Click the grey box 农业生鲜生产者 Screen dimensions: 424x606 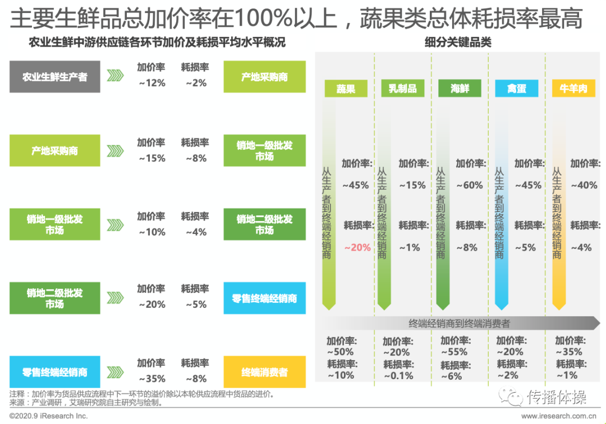(55, 76)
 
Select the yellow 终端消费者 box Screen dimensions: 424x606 (264, 372)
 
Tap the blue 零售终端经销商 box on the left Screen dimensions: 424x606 (55, 372)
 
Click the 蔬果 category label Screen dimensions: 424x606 (346, 89)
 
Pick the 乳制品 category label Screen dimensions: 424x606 (403, 89)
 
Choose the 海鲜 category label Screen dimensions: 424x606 (460, 89)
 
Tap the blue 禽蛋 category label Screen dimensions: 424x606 (517, 89)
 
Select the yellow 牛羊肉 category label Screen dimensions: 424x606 (573, 89)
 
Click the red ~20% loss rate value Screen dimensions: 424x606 (357, 247)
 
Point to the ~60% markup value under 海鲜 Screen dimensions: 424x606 (470, 185)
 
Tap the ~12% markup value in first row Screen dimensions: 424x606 (151, 83)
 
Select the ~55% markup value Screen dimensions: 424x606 (454, 352)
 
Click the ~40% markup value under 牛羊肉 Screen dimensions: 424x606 (584, 185)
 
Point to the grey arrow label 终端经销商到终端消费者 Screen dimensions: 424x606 (459, 323)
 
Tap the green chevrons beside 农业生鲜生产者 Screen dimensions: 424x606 (115, 76)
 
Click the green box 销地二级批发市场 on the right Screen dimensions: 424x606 (264, 224)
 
